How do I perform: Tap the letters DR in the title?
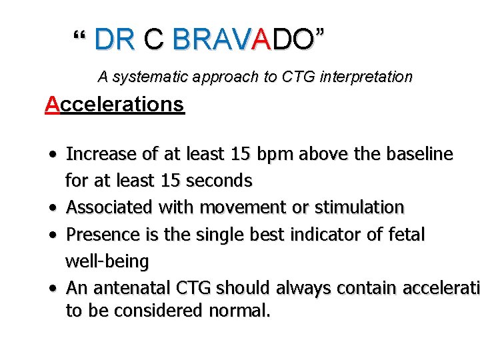[115, 40]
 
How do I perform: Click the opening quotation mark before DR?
[80, 35]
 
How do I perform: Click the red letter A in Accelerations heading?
[52, 105]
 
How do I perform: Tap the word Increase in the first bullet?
[103, 155]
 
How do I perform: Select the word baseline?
[420, 155]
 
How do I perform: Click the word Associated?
[109, 208]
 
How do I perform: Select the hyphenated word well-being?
[107, 261]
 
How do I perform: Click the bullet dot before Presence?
[52, 235]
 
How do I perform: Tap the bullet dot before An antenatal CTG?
[52, 289]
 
